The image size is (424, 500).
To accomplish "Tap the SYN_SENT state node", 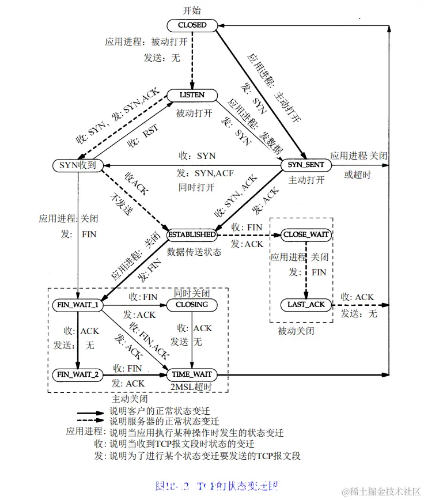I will click(306, 165).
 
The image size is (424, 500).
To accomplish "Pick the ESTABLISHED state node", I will click(192, 235).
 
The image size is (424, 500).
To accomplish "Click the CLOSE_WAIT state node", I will click(306, 235).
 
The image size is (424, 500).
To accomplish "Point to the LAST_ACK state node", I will click(306, 304).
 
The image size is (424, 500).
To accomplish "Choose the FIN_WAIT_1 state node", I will click(77, 305).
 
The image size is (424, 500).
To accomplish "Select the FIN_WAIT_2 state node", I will click(77, 374).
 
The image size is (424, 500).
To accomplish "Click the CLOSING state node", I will click(191, 305).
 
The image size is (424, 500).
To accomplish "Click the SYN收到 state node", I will click(78, 165).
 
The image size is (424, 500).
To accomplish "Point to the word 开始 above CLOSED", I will click(192, 11).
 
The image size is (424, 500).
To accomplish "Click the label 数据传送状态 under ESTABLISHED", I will click(194, 252).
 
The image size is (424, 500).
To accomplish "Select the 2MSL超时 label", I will click(192, 387).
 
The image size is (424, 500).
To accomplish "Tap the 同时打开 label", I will click(196, 188).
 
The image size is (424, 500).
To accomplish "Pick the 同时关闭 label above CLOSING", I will click(191, 293).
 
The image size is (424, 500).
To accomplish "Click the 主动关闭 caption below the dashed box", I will click(129, 399).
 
